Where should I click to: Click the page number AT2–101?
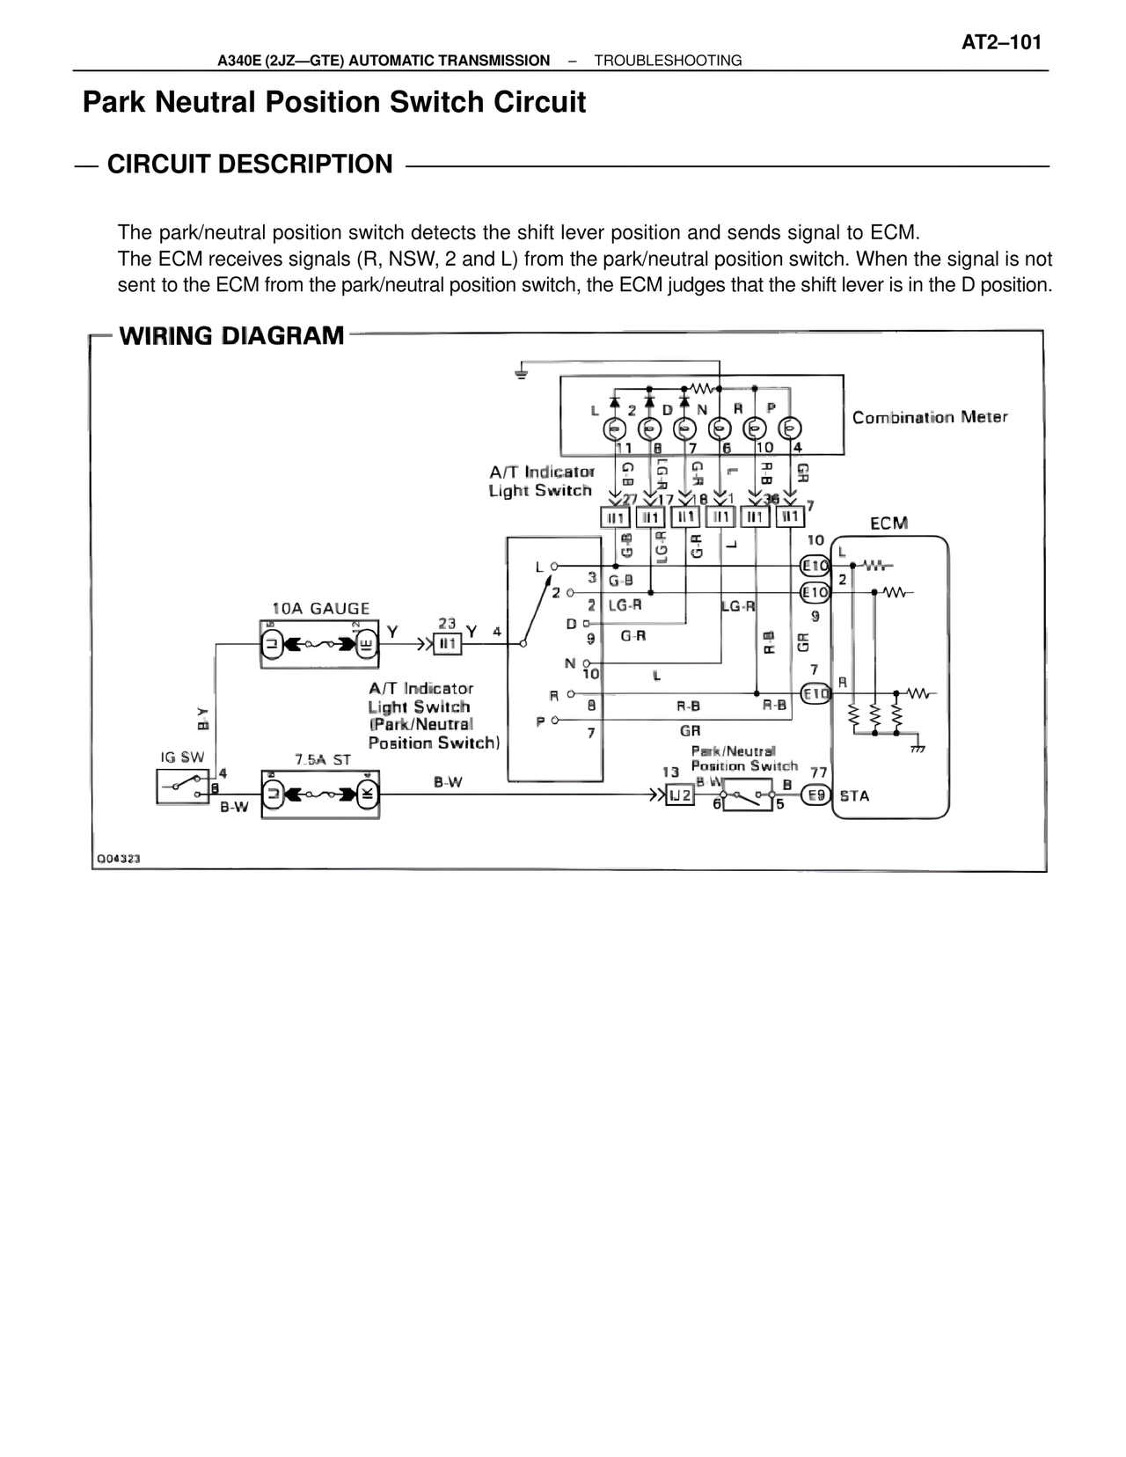pos(1002,42)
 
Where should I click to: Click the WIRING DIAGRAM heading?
pos(231,336)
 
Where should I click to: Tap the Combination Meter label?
pos(930,418)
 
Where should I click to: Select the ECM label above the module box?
pos(888,523)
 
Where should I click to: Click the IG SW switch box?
pos(182,785)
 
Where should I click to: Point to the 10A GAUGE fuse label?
pos(321,609)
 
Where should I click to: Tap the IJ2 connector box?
pos(680,795)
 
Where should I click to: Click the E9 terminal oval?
pos(817,795)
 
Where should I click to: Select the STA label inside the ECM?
pos(854,796)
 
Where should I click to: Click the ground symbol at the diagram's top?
pos(521,374)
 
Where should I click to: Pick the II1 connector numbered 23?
pos(448,645)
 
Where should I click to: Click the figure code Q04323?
pos(118,858)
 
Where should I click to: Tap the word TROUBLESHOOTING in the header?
pos(668,61)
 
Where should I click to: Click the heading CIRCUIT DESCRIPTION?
pos(250,165)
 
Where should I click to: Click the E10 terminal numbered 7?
pos(816,694)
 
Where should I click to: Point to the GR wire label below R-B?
pos(690,730)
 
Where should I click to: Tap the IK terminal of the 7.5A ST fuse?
pos(367,794)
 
